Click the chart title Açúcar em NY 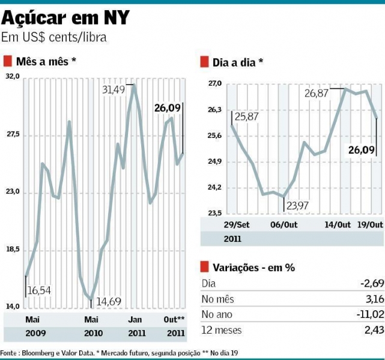(65, 17)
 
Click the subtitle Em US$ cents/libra (56, 37)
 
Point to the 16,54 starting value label (39, 290)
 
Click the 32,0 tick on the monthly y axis (13, 77)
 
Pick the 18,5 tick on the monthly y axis (13, 250)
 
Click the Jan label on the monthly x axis (135, 319)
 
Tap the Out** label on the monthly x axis (174, 319)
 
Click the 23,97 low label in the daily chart (299, 206)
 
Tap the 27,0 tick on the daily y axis (215, 84)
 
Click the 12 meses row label (220, 329)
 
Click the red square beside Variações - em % (204, 268)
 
